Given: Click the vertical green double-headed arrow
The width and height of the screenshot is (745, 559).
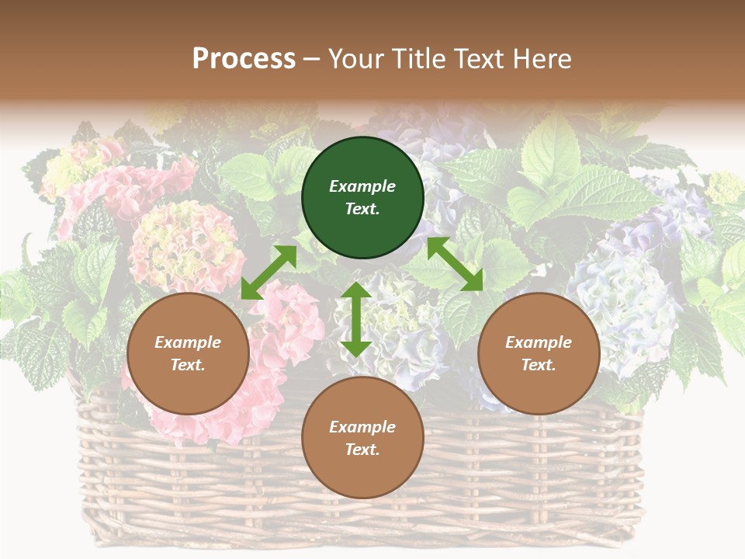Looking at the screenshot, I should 356,319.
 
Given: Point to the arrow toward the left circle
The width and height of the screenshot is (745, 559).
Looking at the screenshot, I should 269,272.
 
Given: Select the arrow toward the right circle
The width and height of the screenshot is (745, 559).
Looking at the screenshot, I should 455,264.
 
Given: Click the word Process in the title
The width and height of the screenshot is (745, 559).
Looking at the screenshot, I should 244,59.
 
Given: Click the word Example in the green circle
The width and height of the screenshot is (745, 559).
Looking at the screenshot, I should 362,186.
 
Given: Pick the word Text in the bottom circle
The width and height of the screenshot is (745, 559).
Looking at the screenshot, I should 362,450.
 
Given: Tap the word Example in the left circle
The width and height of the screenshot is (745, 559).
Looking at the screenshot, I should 188,342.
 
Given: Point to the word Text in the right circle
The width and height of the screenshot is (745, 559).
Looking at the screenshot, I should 539,365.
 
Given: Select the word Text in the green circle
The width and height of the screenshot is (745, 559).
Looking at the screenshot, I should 362,209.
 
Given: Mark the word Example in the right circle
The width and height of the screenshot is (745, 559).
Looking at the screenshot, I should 539,342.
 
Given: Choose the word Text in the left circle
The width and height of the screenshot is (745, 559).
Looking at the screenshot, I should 188,365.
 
